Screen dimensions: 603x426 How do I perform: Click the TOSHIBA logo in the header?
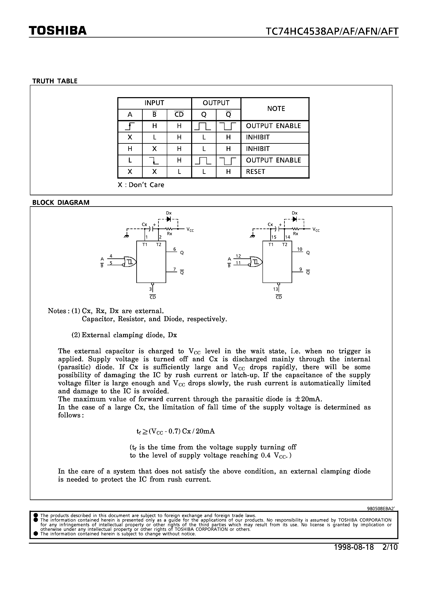[x=58, y=31]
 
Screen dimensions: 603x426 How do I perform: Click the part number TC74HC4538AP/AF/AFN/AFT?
[x=332, y=32]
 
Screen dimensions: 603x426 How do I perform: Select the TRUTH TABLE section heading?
[x=55, y=81]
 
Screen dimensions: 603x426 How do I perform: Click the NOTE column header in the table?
[x=276, y=109]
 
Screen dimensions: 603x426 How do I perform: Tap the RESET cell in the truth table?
[x=255, y=172]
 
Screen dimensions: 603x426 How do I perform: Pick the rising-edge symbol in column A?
[x=130, y=126]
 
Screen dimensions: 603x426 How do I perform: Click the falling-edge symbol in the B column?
[x=154, y=160]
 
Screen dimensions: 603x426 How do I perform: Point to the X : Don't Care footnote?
[x=141, y=185]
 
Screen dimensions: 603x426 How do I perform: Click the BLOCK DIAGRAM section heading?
[x=61, y=203]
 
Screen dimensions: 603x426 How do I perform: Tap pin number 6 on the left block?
[x=174, y=249]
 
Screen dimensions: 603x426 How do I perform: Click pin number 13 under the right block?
[x=275, y=289]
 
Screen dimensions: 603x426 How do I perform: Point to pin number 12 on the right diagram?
[x=238, y=256]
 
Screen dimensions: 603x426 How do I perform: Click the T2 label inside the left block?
[x=159, y=245]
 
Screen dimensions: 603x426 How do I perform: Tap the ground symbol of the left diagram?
[x=127, y=236]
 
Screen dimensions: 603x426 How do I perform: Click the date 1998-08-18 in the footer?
[x=353, y=547]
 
